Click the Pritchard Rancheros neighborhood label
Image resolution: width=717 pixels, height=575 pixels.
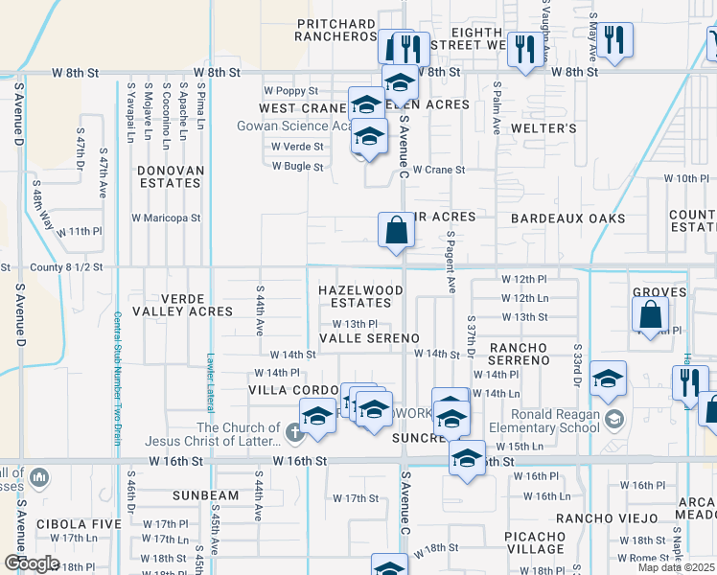(x=336, y=30)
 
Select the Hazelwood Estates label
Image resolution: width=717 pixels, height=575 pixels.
(x=360, y=295)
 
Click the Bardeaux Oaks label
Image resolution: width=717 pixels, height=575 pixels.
(x=567, y=218)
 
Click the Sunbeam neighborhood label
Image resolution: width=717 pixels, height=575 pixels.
(x=205, y=495)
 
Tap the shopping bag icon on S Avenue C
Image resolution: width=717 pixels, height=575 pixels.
(x=396, y=231)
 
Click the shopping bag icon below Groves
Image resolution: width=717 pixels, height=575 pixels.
(x=650, y=313)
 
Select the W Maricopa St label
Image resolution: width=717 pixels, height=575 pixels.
(x=166, y=218)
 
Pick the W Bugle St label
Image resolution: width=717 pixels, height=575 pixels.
(x=297, y=166)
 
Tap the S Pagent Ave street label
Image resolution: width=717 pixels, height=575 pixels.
(x=451, y=262)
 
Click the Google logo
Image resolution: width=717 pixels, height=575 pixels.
(x=32, y=563)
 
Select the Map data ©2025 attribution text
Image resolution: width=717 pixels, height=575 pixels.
(x=677, y=568)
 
